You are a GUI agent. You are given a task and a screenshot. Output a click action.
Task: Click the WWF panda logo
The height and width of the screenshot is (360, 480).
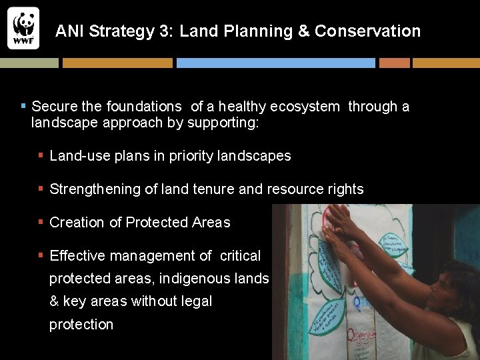[x=23, y=28]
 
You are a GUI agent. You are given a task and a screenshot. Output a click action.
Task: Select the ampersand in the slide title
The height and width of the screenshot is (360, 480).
[x=303, y=31]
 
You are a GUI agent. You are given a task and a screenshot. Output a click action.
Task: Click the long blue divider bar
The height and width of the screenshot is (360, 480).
[x=275, y=63]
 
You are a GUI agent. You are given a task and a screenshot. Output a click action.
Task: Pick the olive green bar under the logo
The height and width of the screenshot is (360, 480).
[x=29, y=63]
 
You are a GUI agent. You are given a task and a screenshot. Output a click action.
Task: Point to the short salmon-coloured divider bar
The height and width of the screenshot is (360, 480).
[x=394, y=63]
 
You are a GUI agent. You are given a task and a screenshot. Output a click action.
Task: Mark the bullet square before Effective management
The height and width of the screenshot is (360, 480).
[x=41, y=255]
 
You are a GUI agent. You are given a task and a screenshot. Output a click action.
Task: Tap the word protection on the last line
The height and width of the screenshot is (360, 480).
[x=81, y=325]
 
